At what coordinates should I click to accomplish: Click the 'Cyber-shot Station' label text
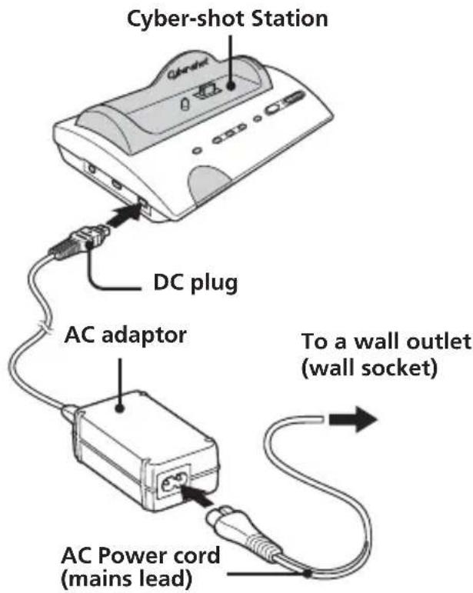pyautogui.click(x=227, y=19)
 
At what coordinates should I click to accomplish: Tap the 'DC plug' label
pyautogui.click(x=195, y=282)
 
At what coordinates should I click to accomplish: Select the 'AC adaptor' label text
pyautogui.click(x=125, y=336)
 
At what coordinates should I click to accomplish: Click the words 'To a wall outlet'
pyautogui.click(x=386, y=341)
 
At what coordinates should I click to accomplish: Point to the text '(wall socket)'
pyautogui.click(x=369, y=368)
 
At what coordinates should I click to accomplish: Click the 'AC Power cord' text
pyautogui.click(x=140, y=555)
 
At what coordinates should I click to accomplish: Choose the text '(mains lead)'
pyautogui.click(x=126, y=578)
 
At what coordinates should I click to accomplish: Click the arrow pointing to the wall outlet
pyautogui.click(x=353, y=419)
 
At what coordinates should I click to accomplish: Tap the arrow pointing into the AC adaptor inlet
pyautogui.click(x=197, y=495)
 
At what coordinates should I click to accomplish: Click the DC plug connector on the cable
pyautogui.click(x=79, y=242)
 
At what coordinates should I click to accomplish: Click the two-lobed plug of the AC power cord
pyautogui.click(x=227, y=520)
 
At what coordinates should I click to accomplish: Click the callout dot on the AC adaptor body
pyautogui.click(x=120, y=408)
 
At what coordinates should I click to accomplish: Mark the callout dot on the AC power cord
pyautogui.click(x=308, y=574)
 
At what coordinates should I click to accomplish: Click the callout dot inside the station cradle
pyautogui.click(x=231, y=85)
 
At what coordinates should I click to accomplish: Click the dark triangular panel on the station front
pyautogui.click(x=212, y=185)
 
